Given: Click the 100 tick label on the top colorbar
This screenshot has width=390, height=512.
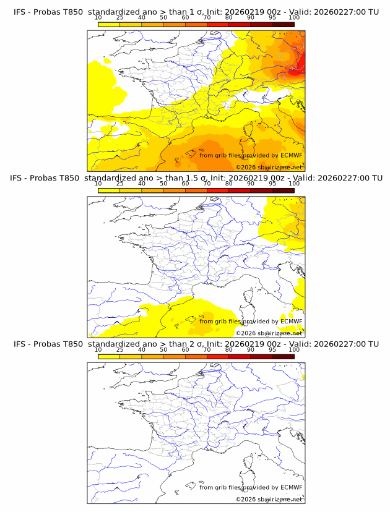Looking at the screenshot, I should (x=294, y=17).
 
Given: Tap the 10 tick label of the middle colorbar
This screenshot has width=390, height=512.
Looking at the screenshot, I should (x=98, y=184).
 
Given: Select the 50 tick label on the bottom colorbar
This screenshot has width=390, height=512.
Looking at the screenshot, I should (x=163, y=350).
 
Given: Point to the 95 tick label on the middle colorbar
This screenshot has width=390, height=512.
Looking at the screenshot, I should (x=272, y=184).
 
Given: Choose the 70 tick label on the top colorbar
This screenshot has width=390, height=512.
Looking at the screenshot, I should (x=207, y=17).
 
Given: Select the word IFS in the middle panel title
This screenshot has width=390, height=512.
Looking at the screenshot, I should (x=20, y=178).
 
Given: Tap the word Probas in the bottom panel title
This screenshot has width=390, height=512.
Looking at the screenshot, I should (x=45, y=344).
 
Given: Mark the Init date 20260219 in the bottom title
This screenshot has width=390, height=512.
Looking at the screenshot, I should (x=262, y=344).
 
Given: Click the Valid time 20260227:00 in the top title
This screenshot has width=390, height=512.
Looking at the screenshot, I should (x=340, y=12).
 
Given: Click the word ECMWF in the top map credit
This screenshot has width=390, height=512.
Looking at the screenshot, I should (x=291, y=155).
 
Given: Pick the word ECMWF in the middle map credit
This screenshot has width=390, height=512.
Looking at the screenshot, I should (x=291, y=322).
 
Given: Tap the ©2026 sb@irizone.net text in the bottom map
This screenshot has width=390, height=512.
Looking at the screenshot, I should (x=269, y=499).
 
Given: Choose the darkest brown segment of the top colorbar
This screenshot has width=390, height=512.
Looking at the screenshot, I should (x=283, y=24).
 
